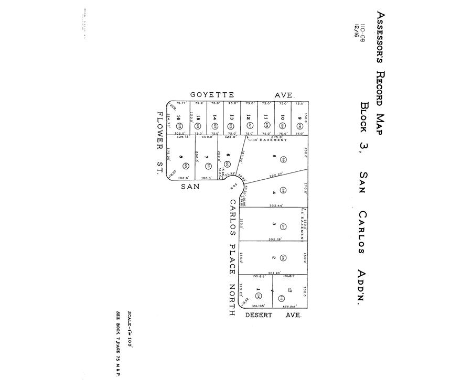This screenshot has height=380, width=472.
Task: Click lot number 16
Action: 179,118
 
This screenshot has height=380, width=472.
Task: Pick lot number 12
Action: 249,118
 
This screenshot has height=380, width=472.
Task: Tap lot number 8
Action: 181,157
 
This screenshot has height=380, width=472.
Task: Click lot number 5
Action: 273,156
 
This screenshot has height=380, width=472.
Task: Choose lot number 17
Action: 289,289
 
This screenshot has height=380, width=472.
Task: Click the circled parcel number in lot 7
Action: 208,167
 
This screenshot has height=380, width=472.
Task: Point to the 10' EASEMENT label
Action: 270,140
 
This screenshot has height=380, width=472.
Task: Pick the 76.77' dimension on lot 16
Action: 181,103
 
